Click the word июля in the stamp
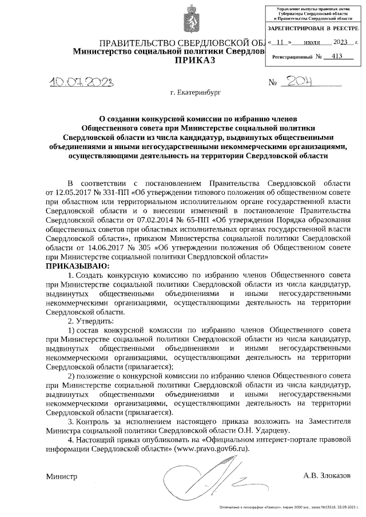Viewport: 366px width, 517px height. click(312, 42)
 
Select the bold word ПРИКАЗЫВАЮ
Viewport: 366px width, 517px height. click(75, 266)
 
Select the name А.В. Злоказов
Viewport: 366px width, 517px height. click(327, 475)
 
